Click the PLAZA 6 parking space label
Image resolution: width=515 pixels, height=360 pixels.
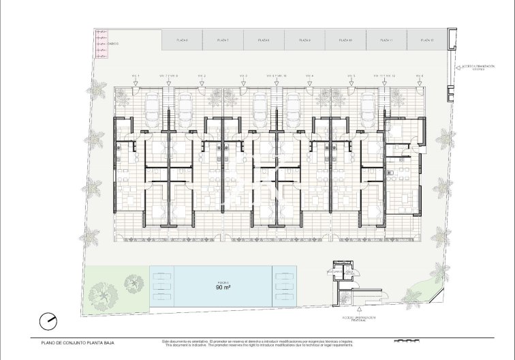pyautogui.click(x=182, y=41)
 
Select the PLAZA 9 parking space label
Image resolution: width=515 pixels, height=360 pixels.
pyautogui.click(x=305, y=41)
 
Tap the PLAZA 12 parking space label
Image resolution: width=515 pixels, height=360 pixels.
pyautogui.click(x=427, y=41)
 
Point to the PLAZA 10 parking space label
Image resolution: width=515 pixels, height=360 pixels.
pyautogui.click(x=345, y=41)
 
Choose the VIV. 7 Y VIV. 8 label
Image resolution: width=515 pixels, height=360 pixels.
pyautogui.click(x=168, y=75)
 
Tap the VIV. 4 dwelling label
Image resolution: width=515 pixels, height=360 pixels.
pyautogui.click(x=309, y=75)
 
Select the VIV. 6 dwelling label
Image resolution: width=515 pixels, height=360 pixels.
pyautogui.click(x=418, y=75)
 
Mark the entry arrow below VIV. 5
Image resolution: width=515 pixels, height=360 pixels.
pyautogui.click(x=352, y=82)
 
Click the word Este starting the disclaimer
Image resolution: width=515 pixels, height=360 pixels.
pyautogui.click(x=166, y=340)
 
